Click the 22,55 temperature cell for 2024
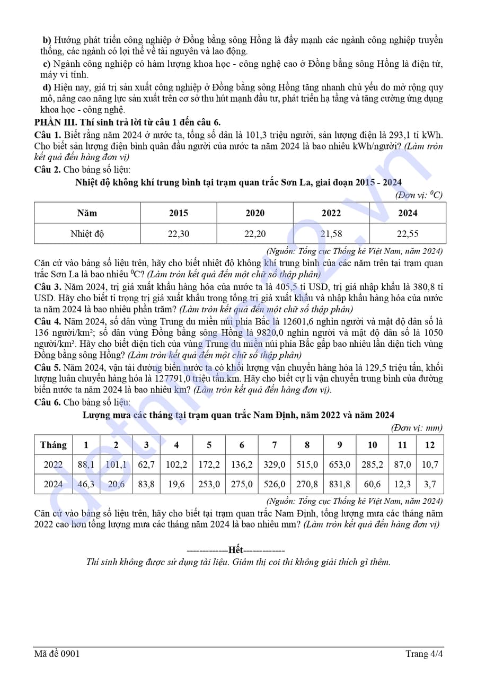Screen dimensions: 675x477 point(407,233)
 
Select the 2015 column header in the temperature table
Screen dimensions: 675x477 point(178,213)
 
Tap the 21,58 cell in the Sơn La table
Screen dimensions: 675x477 point(331,233)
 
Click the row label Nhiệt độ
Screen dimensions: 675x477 point(87,233)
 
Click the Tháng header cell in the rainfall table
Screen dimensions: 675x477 point(53,445)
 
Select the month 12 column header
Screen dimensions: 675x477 point(429,445)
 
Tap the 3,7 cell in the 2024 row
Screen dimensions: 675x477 point(429,484)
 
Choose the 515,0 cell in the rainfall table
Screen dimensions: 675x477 point(307,464)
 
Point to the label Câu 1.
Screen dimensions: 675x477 point(48,135)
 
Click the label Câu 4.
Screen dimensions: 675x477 point(48,321)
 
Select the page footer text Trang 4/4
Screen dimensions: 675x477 point(424,653)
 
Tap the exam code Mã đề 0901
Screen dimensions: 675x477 point(57,653)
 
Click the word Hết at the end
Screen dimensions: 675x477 point(238,550)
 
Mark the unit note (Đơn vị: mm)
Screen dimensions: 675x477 point(417,427)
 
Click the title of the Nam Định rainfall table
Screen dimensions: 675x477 point(238,415)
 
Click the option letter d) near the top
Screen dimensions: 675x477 point(47,87)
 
